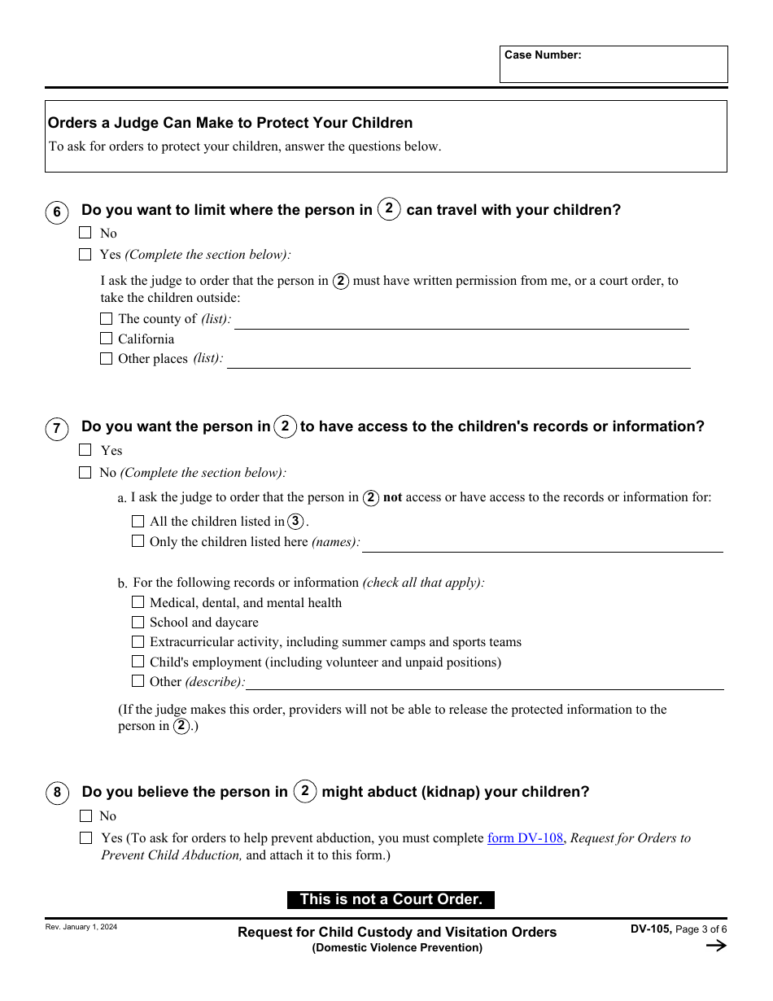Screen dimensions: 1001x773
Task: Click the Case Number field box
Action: (614, 64)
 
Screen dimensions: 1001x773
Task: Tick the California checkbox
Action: (107, 339)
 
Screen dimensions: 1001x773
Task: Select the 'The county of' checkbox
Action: (107, 319)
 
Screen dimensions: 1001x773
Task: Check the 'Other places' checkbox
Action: (107, 359)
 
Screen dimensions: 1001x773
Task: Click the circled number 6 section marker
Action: (57, 213)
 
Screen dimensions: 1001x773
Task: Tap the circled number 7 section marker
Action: (57, 430)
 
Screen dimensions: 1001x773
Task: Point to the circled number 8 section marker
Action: (57, 793)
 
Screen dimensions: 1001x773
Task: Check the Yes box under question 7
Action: (85, 450)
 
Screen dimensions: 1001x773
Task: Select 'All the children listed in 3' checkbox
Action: (138, 522)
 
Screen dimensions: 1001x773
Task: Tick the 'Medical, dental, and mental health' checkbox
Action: (138, 603)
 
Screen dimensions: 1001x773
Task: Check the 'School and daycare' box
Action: (138, 623)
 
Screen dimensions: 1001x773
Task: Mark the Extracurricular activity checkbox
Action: (138, 642)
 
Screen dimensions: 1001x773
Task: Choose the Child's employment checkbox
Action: (138, 662)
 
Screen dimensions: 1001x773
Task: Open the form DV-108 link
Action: (525, 838)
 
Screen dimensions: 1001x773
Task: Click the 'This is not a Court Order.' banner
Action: (391, 900)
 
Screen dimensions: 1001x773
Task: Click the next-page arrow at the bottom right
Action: (715, 946)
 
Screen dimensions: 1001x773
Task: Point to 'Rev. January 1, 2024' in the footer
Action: (81, 927)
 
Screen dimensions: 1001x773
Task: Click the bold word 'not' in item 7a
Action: (393, 498)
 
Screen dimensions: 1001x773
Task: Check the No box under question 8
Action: (85, 816)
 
